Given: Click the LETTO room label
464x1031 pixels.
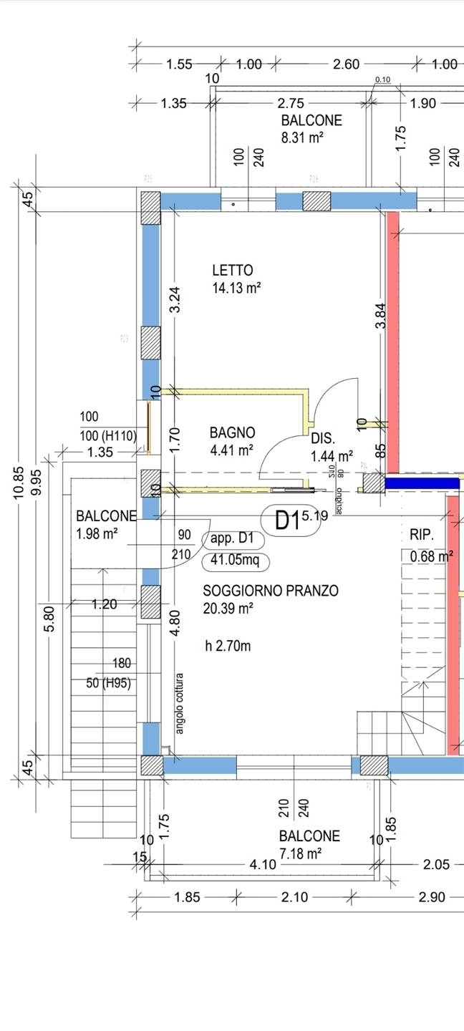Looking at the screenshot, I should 233,271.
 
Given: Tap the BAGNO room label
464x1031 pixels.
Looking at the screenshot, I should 232,432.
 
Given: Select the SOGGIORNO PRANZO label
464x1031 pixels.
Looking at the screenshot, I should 271,591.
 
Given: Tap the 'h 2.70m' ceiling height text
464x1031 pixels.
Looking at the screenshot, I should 228,646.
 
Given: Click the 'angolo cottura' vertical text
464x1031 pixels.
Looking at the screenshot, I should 180,703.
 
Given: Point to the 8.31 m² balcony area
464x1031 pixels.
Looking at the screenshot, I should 301,138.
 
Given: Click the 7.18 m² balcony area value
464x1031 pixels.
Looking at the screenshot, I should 300,853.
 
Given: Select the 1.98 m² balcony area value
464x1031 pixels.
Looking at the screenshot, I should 96,533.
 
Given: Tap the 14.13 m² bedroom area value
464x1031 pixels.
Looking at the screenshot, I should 236,289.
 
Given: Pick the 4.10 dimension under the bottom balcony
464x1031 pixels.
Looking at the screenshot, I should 263,864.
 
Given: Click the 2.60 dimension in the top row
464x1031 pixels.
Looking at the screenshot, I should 346,64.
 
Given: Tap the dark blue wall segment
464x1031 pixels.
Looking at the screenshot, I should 421,484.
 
